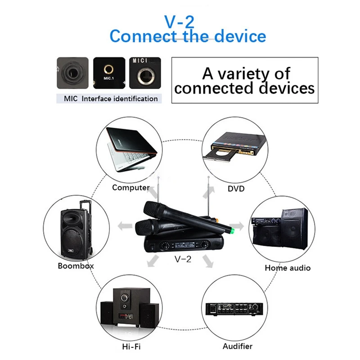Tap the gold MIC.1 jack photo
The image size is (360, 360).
[x=108, y=72]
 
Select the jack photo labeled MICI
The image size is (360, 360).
[x=145, y=73]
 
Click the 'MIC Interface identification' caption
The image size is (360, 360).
[x=109, y=98]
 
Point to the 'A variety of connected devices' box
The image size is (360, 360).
[x=245, y=81]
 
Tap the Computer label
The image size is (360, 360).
[x=131, y=188]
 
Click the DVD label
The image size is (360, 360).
[x=236, y=189]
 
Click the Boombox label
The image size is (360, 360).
[x=76, y=265]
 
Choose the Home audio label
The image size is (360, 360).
[x=288, y=268]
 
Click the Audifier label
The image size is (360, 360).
[x=238, y=346]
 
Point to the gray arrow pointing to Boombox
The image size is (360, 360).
[x=124, y=225]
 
